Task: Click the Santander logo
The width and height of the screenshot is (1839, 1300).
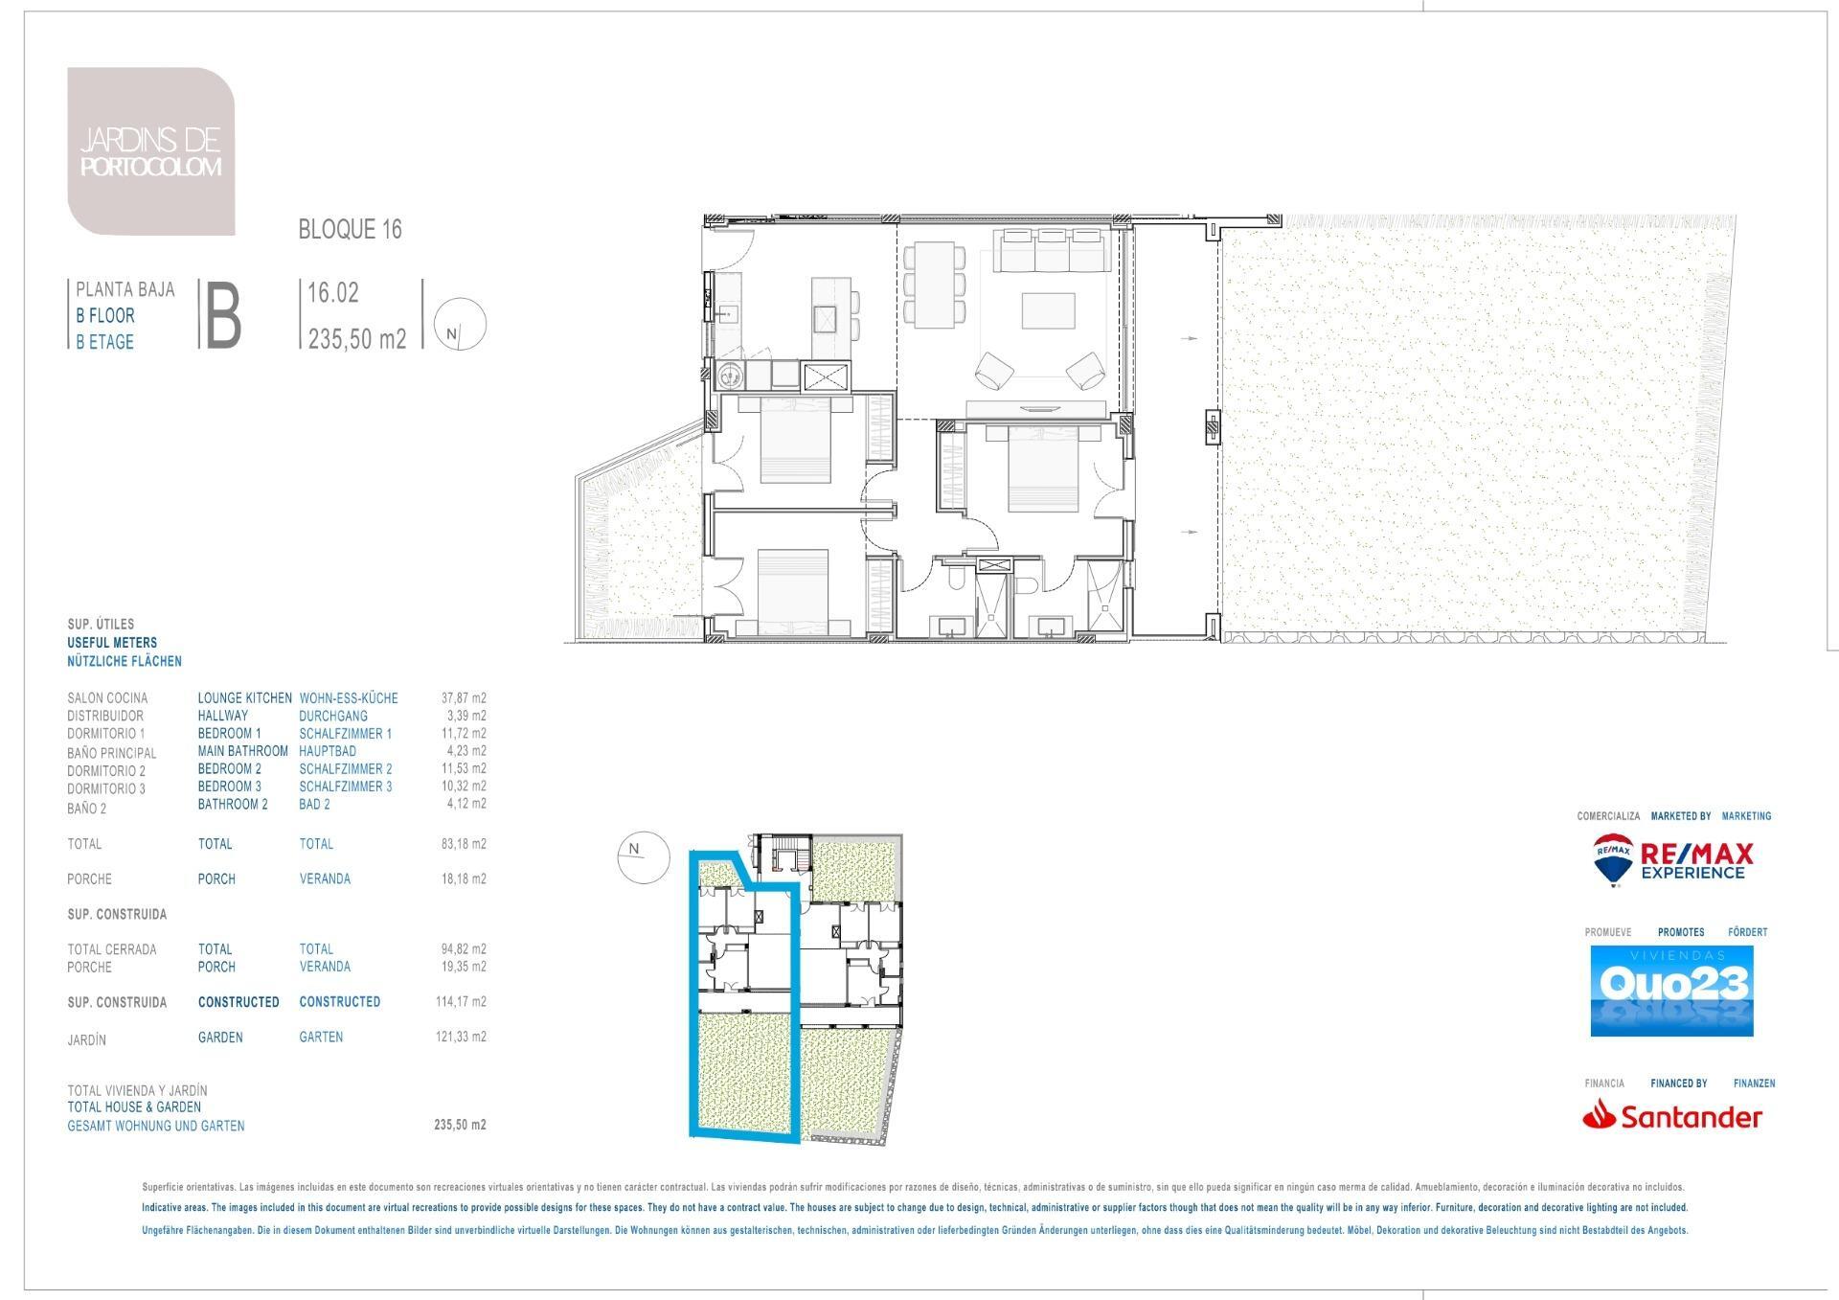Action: coord(1672,1116)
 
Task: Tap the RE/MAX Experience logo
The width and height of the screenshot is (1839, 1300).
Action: coord(1673,860)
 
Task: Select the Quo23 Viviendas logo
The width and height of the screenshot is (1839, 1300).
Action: coord(1671,991)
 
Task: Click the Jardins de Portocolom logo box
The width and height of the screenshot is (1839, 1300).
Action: coord(151,151)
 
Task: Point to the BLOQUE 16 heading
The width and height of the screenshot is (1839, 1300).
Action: coord(351,230)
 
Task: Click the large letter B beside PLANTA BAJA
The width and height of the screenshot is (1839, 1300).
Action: coord(221,314)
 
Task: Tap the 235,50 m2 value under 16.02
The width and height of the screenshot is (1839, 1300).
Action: coord(357,338)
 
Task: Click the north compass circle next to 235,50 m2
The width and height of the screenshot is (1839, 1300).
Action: coord(460,325)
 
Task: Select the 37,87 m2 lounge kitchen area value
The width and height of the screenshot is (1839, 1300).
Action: coord(465,698)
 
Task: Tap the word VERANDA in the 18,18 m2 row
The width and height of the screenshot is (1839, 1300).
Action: coord(325,878)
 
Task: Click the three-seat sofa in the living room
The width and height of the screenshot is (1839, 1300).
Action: coord(1053,250)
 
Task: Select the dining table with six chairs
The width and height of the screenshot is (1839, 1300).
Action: coord(934,281)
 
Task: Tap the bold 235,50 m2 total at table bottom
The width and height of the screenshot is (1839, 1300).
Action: coord(461,1126)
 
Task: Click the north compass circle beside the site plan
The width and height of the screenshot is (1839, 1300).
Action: coord(643,855)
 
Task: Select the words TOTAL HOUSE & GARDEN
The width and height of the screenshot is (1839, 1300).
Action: coord(134,1107)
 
